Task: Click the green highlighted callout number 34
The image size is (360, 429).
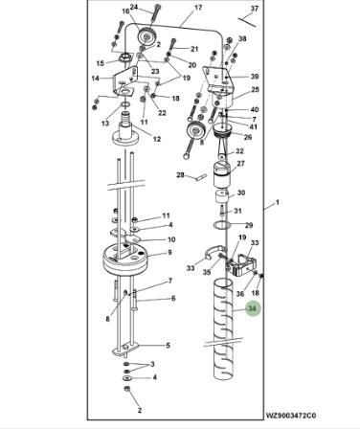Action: click(253, 308)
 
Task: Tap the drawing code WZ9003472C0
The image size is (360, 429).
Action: click(291, 416)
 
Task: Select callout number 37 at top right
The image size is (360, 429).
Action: click(255, 9)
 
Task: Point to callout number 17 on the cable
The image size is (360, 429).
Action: click(198, 8)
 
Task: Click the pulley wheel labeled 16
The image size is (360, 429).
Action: click(146, 37)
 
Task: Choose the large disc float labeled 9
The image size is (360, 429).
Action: click(125, 258)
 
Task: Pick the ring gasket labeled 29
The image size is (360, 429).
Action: click(221, 226)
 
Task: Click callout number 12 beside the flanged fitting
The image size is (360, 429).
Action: click(157, 139)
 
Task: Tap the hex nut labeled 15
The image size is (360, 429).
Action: click(124, 58)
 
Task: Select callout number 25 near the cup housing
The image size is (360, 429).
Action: click(255, 90)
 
